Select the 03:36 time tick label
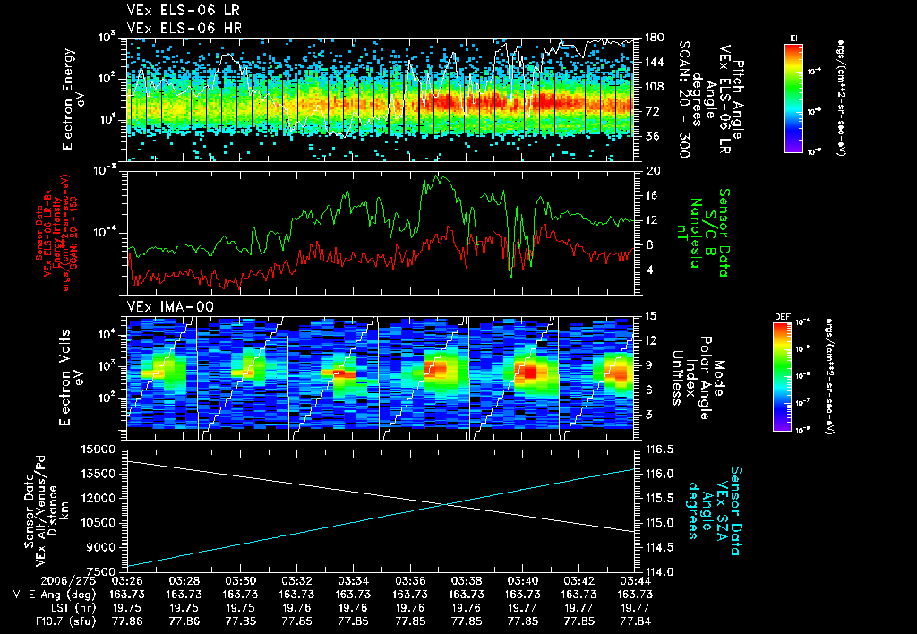tap(410, 580)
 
